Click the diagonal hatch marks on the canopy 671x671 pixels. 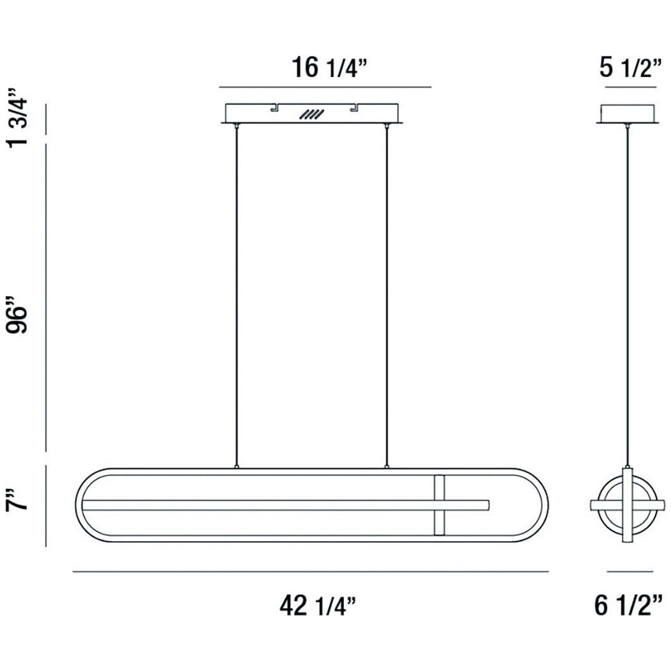click(311, 115)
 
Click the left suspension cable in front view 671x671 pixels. click(238, 296)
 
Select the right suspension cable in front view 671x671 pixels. click(386, 296)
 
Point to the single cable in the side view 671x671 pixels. click(627, 296)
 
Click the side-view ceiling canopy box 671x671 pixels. click(627, 114)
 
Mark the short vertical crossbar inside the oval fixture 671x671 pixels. click(440, 504)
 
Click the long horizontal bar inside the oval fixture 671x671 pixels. click(285, 504)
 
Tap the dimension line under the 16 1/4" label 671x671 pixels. click(325, 88)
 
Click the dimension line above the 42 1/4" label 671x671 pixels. click(311, 571)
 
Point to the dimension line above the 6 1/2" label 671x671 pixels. click(630, 571)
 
